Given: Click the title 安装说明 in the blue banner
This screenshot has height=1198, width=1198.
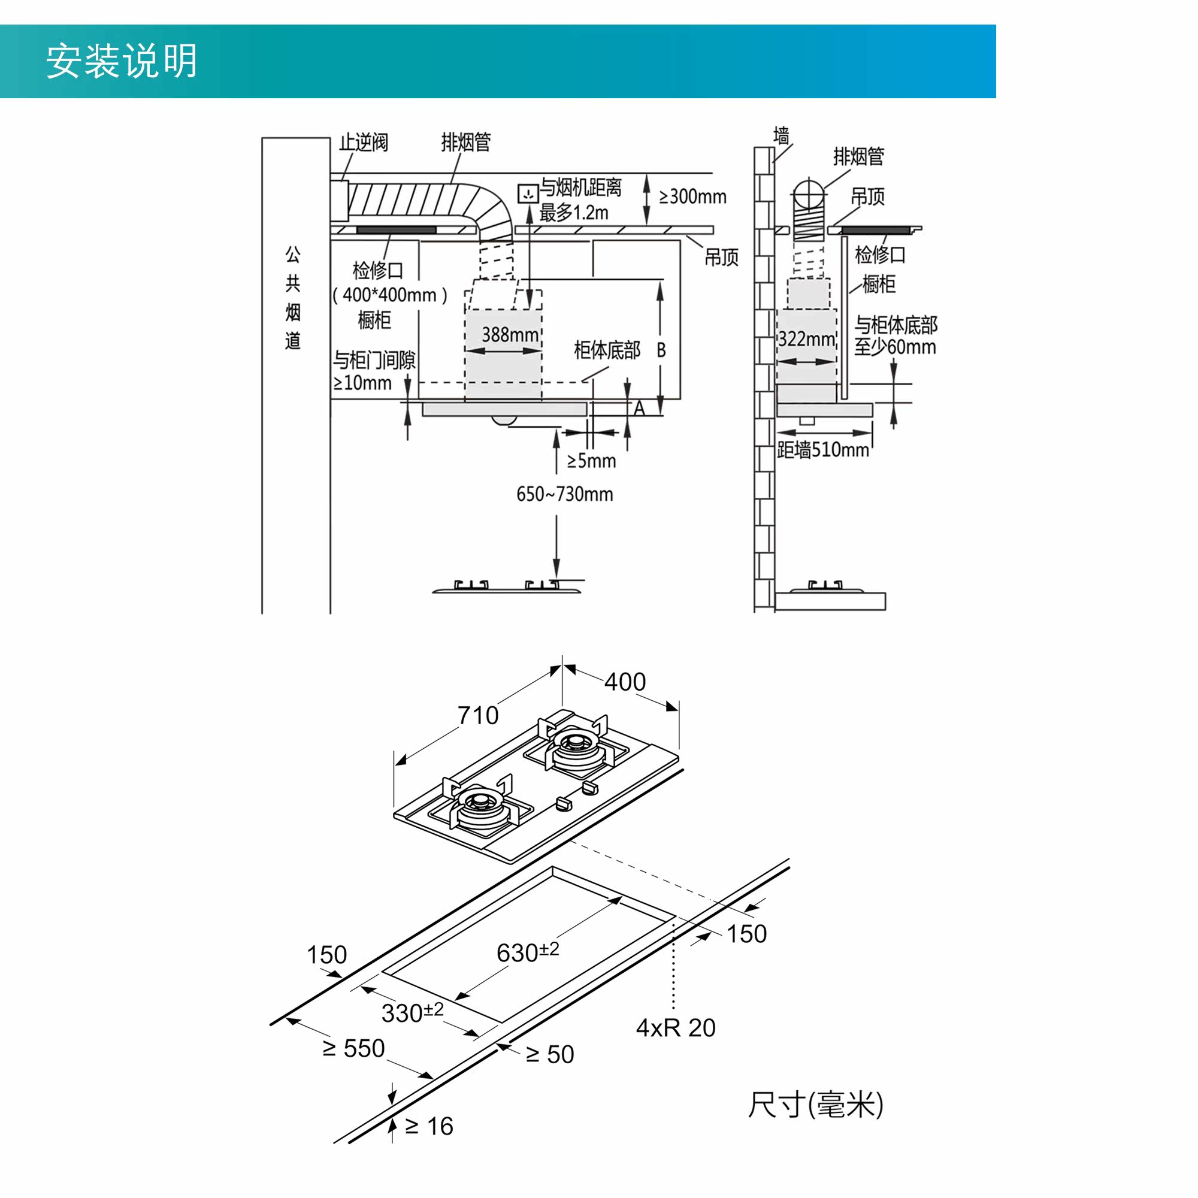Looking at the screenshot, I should coord(122,60).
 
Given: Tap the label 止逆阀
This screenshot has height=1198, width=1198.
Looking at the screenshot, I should coord(364,143).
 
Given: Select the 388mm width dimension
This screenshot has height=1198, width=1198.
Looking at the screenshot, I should coord(510,335).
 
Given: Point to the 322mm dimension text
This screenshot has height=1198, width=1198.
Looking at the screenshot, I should coord(806,338).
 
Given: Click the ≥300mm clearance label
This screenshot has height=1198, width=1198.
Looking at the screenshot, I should coord(692,196).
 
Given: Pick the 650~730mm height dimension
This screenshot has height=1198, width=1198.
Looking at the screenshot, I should coord(564,494).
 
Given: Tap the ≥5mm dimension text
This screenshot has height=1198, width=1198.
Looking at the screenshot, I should coord(592,461).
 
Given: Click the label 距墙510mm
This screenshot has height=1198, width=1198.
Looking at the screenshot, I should coord(823,450).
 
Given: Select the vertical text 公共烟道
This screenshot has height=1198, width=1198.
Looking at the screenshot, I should coord(293,297).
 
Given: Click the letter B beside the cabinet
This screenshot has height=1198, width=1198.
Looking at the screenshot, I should coord(661,350).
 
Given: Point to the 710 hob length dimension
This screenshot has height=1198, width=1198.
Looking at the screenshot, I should coord(478,716).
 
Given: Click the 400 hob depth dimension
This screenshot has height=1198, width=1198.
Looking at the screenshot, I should coord(625,682).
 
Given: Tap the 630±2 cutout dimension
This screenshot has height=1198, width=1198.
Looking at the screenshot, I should coord(528,952).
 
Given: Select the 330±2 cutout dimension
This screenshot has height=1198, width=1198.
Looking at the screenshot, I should coord(412,1012).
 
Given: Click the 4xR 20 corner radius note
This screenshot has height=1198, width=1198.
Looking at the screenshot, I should coord(676,1028).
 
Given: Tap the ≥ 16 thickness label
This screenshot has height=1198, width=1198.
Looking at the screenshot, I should coord(429,1126).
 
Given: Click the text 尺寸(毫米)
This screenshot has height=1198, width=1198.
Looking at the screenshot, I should coord(815,1105).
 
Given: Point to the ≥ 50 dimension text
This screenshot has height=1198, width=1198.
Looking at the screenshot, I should coord(549,1054).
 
